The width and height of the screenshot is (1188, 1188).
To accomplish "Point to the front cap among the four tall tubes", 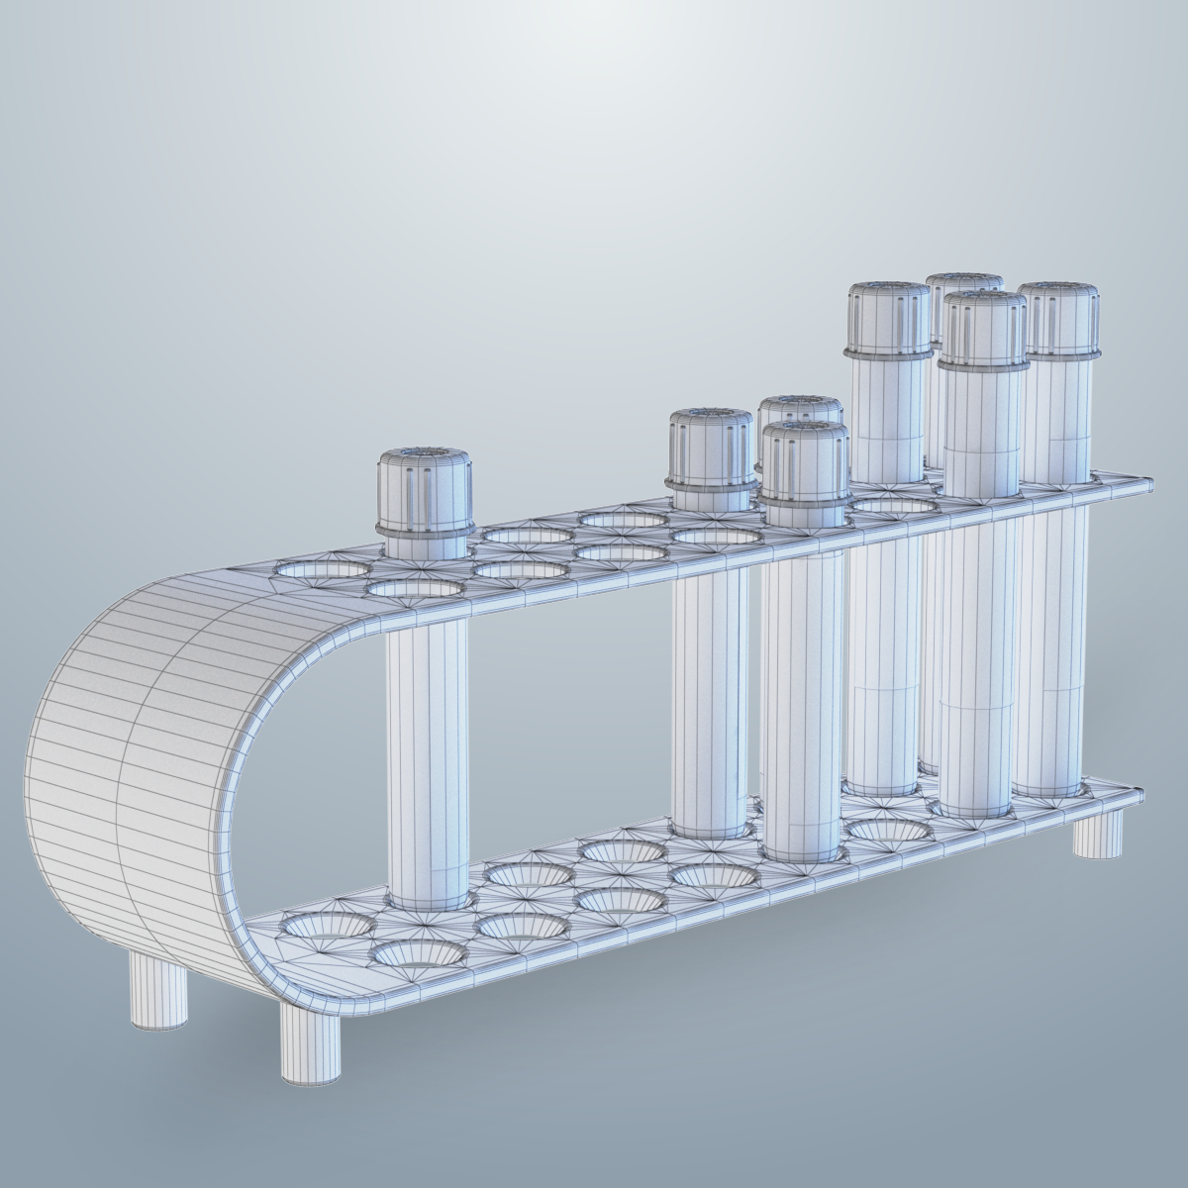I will (x=983, y=329).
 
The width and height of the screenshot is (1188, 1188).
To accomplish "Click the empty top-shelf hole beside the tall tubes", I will (x=895, y=506).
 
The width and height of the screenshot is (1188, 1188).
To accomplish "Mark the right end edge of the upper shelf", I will (x=1149, y=485).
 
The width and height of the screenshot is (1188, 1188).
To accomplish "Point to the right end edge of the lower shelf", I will (x=1148, y=795).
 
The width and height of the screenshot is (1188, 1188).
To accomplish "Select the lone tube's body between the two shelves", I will (x=426, y=752).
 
